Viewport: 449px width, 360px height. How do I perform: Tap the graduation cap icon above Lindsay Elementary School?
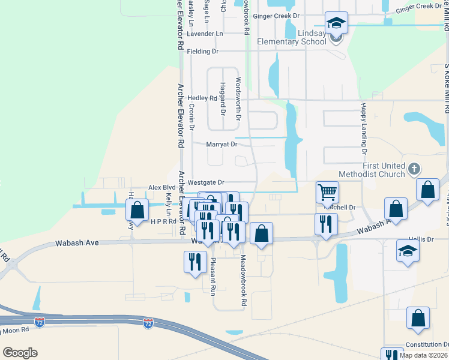(x=336, y=23)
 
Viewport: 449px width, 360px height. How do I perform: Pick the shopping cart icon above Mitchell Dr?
(x=327, y=192)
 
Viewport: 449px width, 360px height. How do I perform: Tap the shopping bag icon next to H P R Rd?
(x=137, y=211)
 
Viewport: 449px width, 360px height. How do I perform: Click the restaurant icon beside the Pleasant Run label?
(x=195, y=262)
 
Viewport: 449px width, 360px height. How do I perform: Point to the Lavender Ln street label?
(x=205, y=34)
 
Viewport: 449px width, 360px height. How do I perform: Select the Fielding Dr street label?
(x=202, y=52)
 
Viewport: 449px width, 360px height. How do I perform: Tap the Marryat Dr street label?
(x=221, y=144)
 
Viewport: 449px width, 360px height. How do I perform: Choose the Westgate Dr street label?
(x=205, y=182)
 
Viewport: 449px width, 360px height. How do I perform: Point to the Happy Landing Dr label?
(x=363, y=125)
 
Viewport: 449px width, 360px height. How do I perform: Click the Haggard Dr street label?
(x=222, y=99)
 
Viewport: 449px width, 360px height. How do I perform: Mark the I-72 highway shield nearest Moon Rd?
(x=40, y=322)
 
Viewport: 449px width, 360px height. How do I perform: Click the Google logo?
(x=20, y=353)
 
